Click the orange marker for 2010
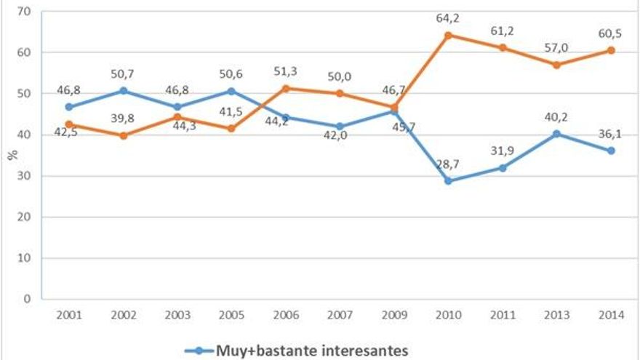[448, 35]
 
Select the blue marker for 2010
[448, 180]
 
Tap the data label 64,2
[448, 17]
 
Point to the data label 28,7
[448, 165]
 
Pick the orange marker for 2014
[612, 50]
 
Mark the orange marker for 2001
[69, 124]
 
